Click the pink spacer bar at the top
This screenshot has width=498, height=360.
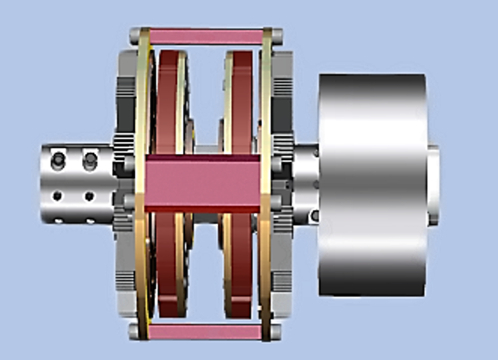[207, 37]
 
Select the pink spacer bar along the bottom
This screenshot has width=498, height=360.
[207, 331]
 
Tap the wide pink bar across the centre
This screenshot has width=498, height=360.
[202, 184]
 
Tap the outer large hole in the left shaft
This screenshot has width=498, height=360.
[58, 161]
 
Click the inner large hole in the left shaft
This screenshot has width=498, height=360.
[89, 161]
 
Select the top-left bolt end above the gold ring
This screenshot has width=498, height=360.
[134, 35]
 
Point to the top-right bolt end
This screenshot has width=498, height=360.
[278, 35]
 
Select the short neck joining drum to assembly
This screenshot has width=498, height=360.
[306, 183]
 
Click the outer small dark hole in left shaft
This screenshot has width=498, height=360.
[58, 196]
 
